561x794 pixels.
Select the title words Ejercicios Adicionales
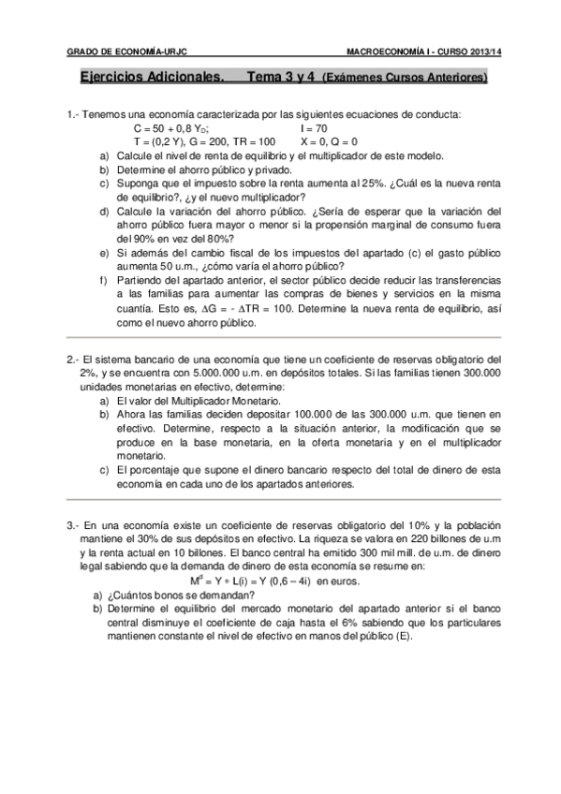(x=149, y=80)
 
